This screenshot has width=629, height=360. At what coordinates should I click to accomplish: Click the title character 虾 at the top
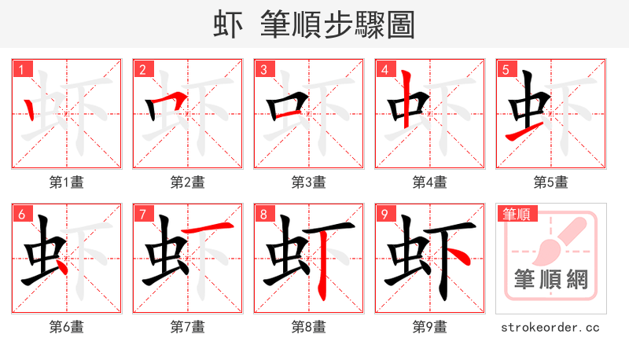[229, 25]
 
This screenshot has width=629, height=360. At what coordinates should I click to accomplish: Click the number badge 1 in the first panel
[21, 70]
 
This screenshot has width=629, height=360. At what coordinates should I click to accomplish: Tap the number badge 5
[506, 70]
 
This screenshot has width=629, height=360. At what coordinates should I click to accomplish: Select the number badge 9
[384, 214]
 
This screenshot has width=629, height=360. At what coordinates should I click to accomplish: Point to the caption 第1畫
[66, 182]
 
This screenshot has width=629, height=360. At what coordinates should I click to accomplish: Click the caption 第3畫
[308, 182]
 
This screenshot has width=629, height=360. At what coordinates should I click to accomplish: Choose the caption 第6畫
[66, 326]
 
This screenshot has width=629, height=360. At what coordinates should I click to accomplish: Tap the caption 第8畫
[308, 326]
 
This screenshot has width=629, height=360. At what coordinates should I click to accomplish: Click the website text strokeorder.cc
[550, 326]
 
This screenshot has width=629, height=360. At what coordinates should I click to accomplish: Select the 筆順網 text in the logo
[550, 280]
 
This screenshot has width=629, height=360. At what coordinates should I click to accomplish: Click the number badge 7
[142, 214]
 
